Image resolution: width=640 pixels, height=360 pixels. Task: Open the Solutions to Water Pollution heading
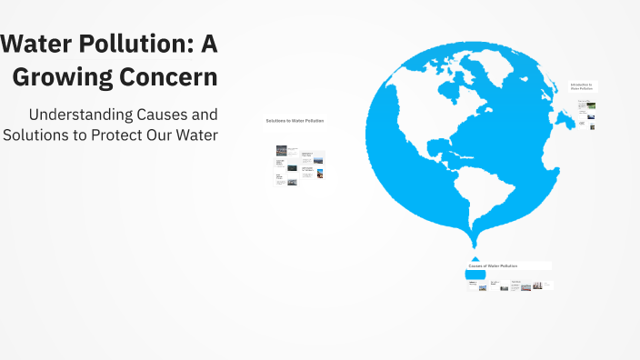[x=295, y=121]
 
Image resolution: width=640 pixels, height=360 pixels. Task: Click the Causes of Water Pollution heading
[x=493, y=265]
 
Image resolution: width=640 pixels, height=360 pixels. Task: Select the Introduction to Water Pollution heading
[x=582, y=86]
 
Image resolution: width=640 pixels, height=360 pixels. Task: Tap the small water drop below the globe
[x=475, y=259]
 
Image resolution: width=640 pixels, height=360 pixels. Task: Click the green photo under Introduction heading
[x=592, y=105]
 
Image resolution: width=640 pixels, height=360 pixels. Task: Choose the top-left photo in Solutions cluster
[x=281, y=149]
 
